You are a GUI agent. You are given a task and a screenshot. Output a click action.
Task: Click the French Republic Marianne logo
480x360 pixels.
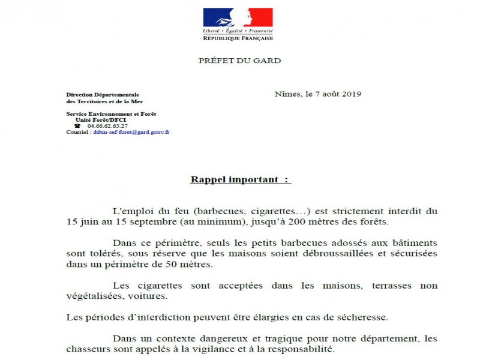coord(238,24)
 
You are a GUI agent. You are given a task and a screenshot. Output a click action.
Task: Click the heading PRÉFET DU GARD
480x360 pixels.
coord(239,61)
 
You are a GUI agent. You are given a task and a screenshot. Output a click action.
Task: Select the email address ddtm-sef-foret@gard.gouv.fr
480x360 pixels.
coord(131,131)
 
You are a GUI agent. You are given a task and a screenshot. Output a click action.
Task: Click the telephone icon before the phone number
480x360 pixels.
coord(77,125)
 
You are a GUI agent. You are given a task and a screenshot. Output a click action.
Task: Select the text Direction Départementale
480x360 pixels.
coord(103,95)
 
